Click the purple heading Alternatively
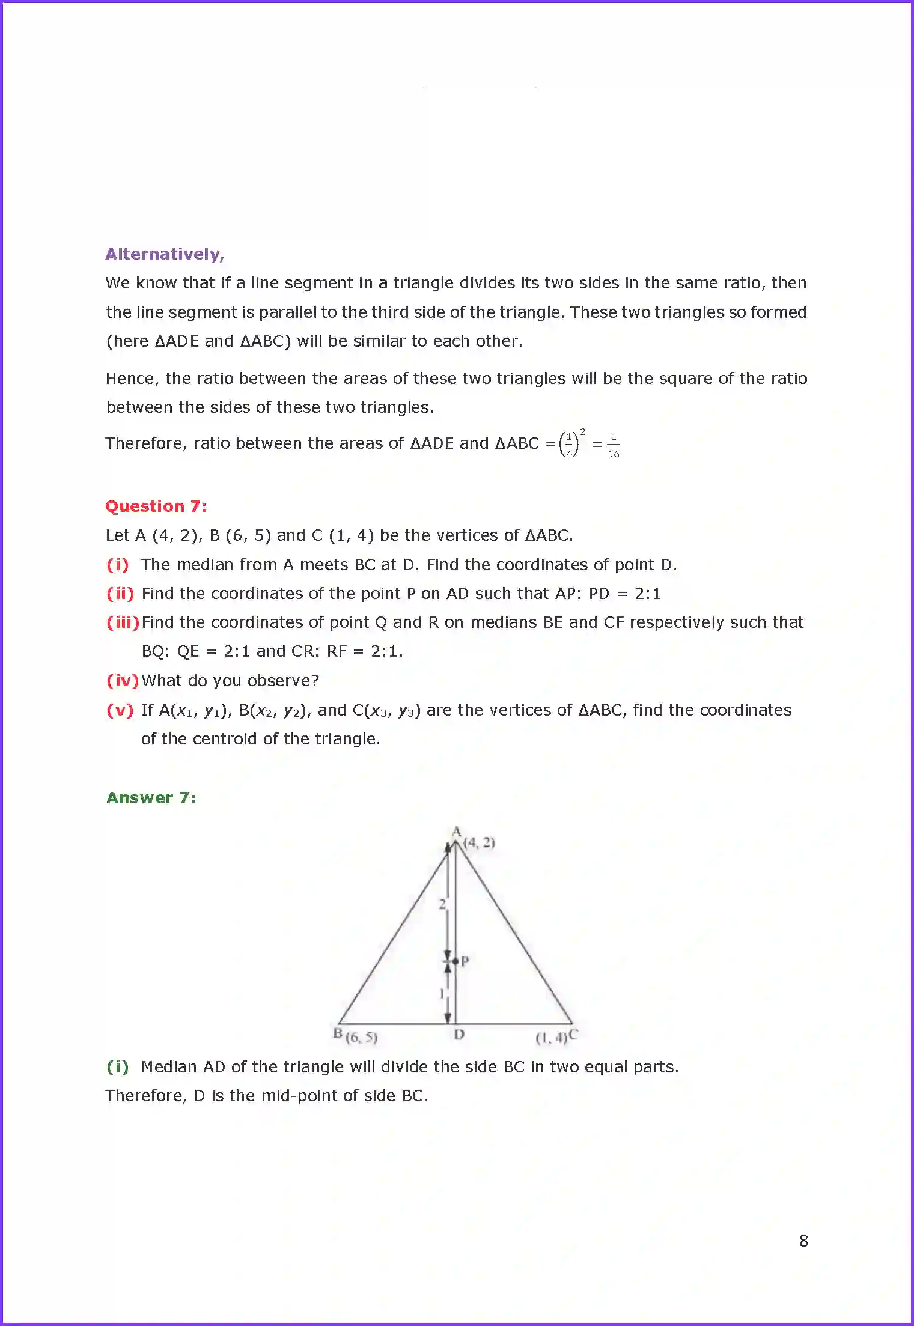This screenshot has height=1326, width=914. click(x=165, y=254)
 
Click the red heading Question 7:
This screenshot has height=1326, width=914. click(x=156, y=506)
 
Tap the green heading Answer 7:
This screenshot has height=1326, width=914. click(x=151, y=798)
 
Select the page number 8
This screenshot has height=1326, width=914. click(x=803, y=1241)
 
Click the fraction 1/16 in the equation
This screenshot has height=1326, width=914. click(x=613, y=445)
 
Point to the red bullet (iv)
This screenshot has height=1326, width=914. click(x=122, y=681)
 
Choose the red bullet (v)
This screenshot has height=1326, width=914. click(x=120, y=710)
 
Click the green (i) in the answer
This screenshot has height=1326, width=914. click(x=118, y=1067)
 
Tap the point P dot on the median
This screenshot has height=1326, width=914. click(x=455, y=961)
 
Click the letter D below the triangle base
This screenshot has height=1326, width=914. click(x=459, y=1035)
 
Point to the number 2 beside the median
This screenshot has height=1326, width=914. click(x=442, y=904)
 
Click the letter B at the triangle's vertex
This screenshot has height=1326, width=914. click(x=338, y=1033)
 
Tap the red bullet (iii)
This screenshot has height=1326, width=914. click(x=123, y=622)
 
